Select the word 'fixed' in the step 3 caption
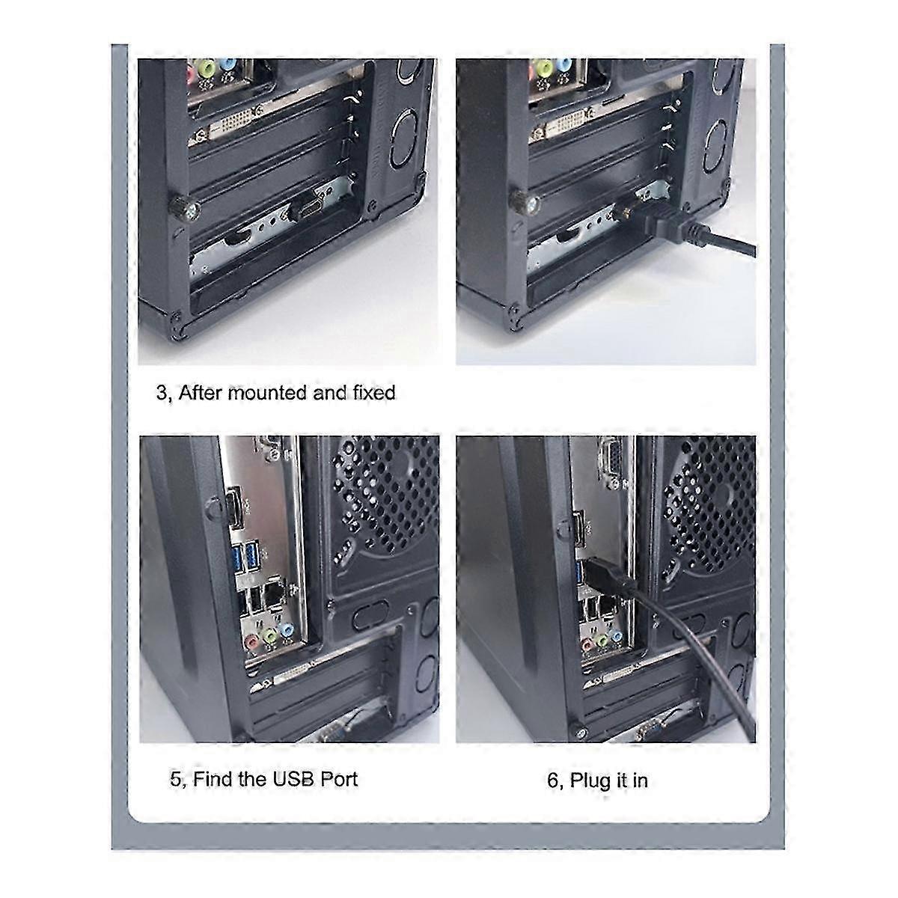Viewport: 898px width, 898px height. [x=373, y=392]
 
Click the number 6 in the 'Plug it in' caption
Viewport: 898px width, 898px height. [x=553, y=781]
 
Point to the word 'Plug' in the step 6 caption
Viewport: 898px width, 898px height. [x=591, y=781]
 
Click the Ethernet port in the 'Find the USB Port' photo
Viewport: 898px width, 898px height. [x=275, y=594]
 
